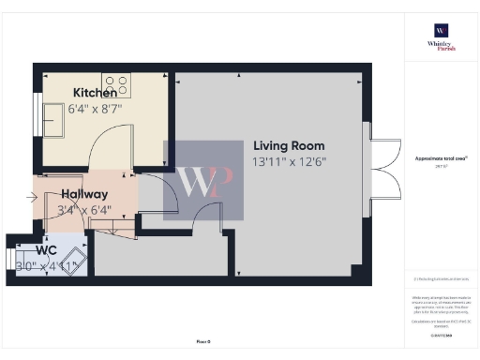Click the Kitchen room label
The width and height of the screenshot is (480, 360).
coord(95,93)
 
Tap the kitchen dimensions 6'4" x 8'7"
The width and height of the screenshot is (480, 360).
coord(95,109)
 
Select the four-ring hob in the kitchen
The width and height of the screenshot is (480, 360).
coord(116,85)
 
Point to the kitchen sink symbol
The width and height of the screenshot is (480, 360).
coord(50,114)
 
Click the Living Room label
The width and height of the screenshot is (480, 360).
coord(289,145)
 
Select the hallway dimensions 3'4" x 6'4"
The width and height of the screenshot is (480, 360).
coord(83,210)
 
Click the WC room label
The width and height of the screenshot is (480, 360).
coord(46,250)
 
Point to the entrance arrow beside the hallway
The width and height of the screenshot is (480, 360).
coord(34,198)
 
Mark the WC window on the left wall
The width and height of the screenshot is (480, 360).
coord(9,257)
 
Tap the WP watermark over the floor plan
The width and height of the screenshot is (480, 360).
coord(203,181)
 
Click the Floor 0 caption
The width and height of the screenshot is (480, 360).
coord(202,341)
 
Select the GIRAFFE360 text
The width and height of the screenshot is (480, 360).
coord(439,334)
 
